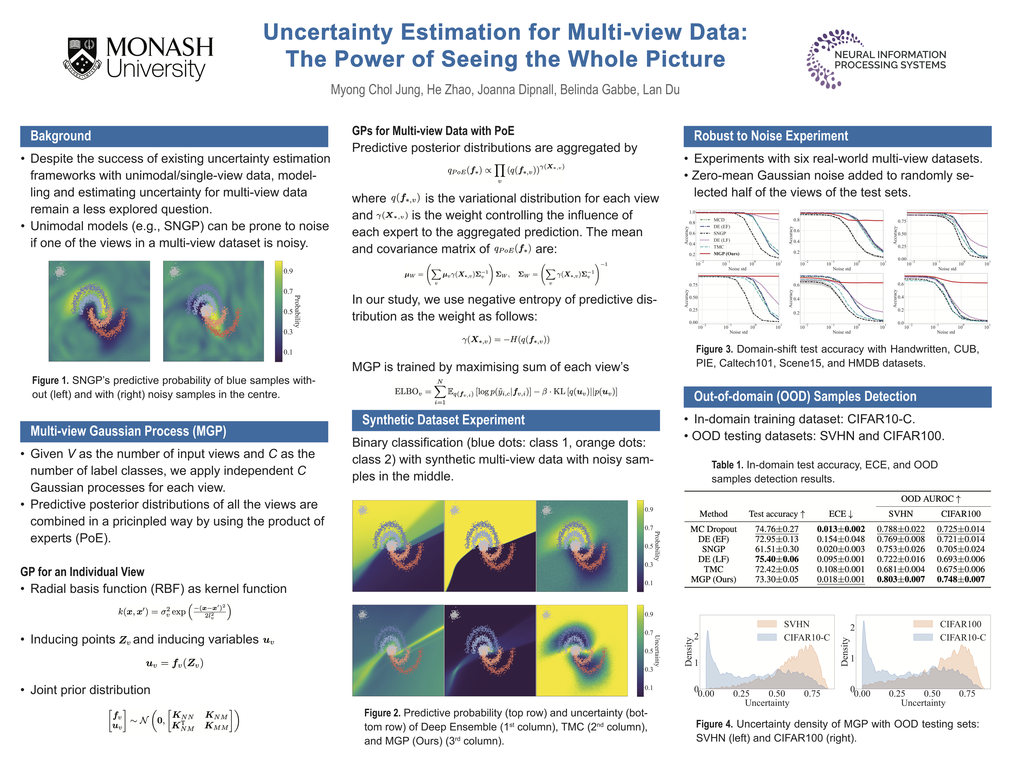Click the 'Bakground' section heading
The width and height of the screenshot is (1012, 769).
(x=61, y=136)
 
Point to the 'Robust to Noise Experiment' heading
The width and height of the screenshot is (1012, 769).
(x=771, y=136)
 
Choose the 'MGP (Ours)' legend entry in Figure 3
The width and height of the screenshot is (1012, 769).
(x=726, y=254)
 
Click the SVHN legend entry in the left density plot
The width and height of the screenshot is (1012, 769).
(x=796, y=624)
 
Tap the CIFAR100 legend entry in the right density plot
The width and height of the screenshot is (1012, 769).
(x=960, y=624)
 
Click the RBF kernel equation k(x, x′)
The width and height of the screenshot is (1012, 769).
(x=174, y=611)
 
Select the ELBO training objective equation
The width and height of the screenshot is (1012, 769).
(x=506, y=391)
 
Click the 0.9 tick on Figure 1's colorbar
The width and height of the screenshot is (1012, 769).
(x=288, y=271)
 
